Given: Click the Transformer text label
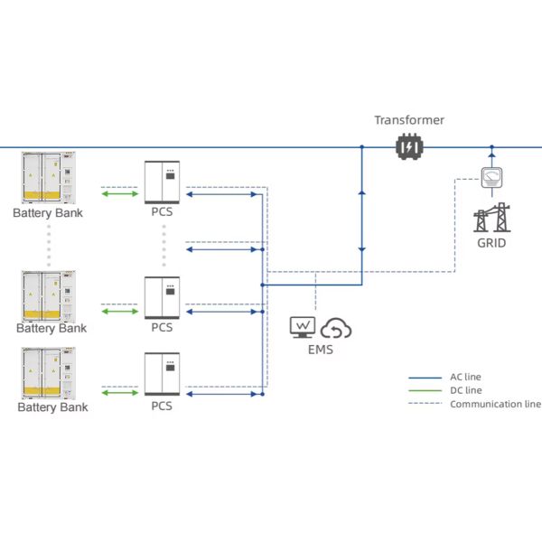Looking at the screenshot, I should (409, 120).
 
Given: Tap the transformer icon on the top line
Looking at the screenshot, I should (409, 147).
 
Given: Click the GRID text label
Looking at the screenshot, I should (491, 243).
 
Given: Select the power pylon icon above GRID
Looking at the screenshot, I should (491, 217).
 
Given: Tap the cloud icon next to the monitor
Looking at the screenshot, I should (336, 328).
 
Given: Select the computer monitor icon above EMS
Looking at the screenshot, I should (303, 327).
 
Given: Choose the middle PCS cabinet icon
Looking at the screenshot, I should (162, 298).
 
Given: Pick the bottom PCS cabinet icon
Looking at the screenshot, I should (162, 374).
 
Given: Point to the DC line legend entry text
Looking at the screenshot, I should (466, 390).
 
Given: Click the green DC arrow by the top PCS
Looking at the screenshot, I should (119, 193).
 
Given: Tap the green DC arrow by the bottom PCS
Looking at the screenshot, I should (119, 392).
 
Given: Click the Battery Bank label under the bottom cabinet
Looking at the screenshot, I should (53, 407).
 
